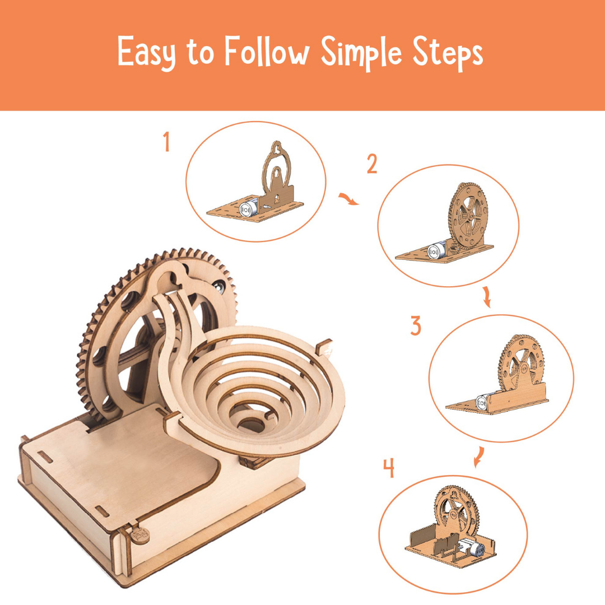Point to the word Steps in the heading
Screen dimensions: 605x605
pyautogui.click(x=448, y=53)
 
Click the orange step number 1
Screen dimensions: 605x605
pyautogui.click(x=167, y=141)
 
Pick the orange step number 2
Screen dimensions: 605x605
pyautogui.click(x=372, y=164)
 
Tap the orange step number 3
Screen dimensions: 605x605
pyautogui.click(x=416, y=325)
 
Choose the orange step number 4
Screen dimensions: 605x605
pyautogui.click(x=389, y=468)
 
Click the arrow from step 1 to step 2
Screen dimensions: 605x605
pyautogui.click(x=349, y=199)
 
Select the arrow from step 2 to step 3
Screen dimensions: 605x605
pyautogui.click(x=487, y=297)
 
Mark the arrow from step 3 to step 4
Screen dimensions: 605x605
pyautogui.click(x=479, y=457)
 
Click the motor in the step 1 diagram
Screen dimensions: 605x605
pyautogui.click(x=248, y=208)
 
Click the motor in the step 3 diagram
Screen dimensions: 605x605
pyautogui.click(x=484, y=402)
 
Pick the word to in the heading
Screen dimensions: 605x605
pyautogui.click(x=200, y=54)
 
